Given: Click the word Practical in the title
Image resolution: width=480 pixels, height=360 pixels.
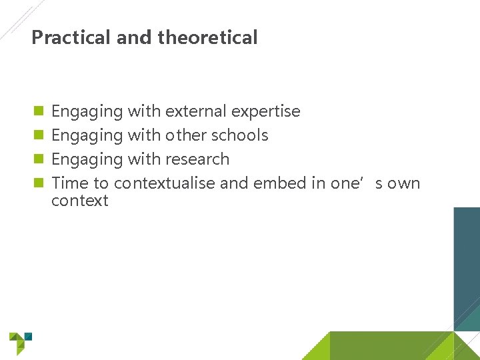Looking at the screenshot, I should pos(71,38).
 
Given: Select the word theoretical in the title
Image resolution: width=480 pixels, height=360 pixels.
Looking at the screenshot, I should pos(208,38).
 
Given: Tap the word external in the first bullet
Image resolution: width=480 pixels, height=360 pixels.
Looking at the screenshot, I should pos(195,111).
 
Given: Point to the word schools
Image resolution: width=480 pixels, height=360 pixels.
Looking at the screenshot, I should pos(239,135).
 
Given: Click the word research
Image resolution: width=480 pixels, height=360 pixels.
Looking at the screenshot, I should pos(197,159).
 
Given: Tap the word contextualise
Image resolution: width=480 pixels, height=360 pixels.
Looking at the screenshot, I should pos(165,183).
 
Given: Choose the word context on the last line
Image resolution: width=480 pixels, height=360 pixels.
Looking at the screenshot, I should pos(79,201).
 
